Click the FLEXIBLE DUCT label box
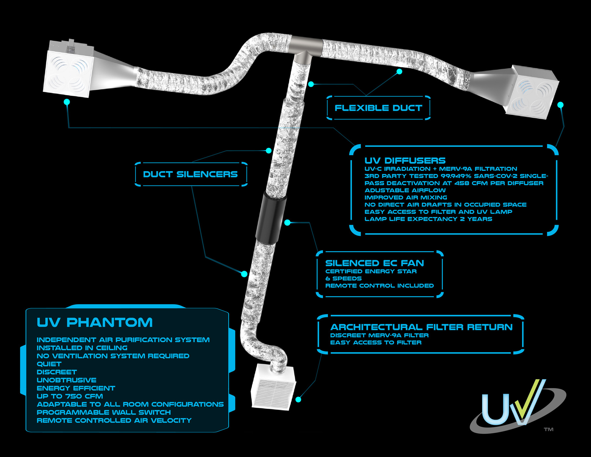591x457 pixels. click(x=378, y=108)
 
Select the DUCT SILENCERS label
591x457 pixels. click(x=190, y=174)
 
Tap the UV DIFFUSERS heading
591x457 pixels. click(x=405, y=161)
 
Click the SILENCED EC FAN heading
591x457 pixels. click(x=374, y=263)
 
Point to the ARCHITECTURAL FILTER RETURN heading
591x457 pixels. click(x=421, y=327)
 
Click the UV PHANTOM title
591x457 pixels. click(x=95, y=323)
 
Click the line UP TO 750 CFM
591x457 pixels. click(x=70, y=396)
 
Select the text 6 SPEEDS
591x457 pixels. click(x=343, y=279)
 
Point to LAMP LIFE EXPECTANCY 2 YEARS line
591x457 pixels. click(x=428, y=219)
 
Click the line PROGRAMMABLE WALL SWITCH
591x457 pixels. click(x=104, y=412)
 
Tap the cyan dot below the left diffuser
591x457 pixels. click(x=67, y=102)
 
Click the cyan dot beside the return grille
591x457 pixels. click(x=298, y=400)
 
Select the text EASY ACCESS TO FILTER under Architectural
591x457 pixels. click(x=376, y=343)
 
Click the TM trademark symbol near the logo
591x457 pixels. click(x=548, y=429)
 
